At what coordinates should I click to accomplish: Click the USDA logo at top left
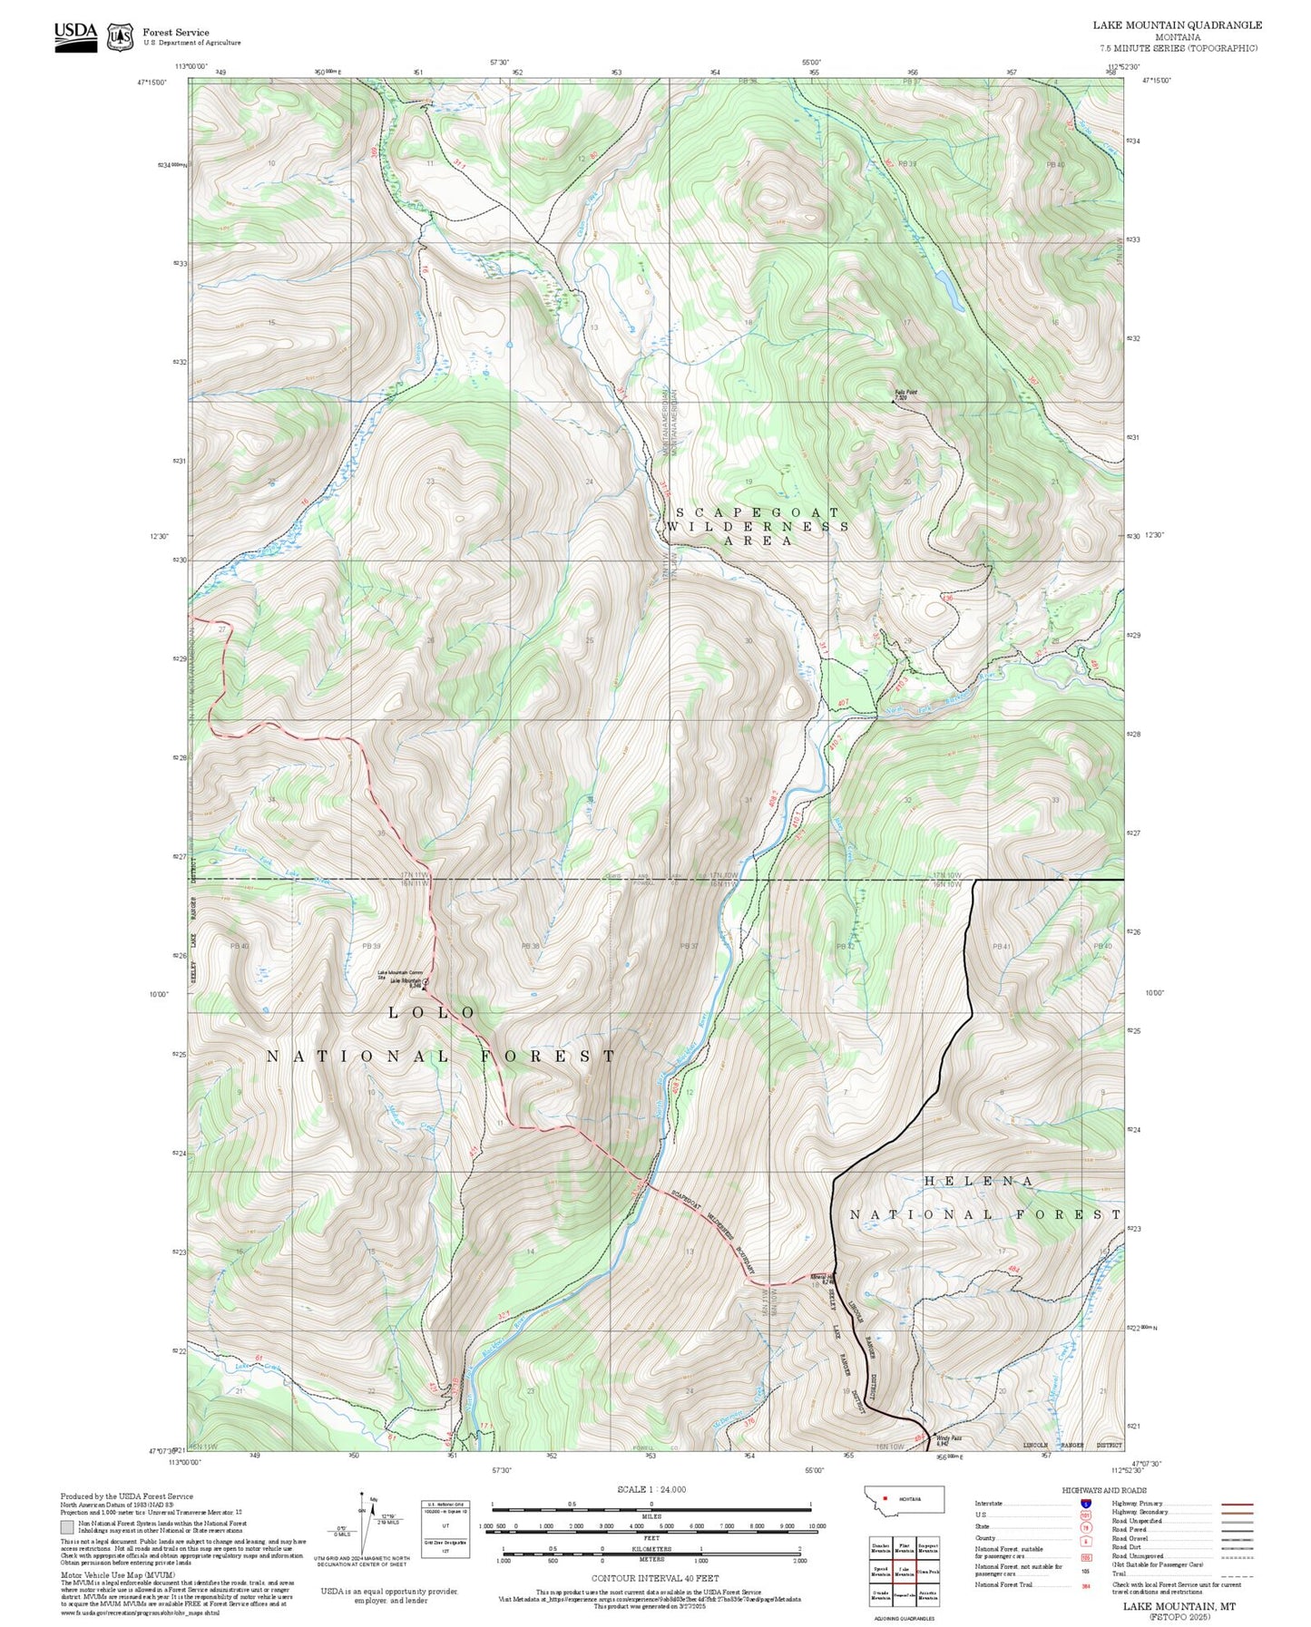tap(75, 36)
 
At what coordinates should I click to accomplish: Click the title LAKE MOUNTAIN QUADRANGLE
tap(1177, 25)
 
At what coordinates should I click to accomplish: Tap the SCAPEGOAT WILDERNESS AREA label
tap(758, 526)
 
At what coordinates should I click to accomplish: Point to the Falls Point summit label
tap(905, 395)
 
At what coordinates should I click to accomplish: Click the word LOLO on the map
tap(432, 1012)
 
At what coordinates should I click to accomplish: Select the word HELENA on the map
tap(979, 1181)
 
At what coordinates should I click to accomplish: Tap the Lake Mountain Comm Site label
tap(400, 974)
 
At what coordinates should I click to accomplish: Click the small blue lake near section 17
tap(951, 290)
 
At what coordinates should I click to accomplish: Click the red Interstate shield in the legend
tap(1086, 1503)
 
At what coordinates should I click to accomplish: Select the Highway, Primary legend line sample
tap(1237, 1504)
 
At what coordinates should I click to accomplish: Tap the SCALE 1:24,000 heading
tap(651, 1489)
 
